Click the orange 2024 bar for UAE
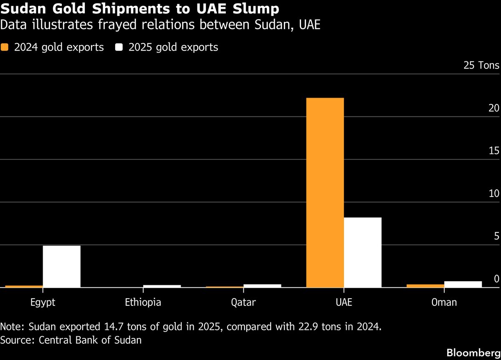tap(325, 192)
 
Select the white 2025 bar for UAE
tap(362, 252)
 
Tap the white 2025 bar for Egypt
tap(61, 266)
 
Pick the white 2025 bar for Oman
tap(463, 284)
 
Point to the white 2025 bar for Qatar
tap(262, 286)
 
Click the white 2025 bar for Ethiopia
tap(162, 286)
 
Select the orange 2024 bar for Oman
tap(425, 286)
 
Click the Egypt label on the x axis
tap(43, 302)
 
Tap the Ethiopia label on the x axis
tap(143, 302)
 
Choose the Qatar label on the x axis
tap(243, 302)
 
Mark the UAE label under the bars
tap(344, 302)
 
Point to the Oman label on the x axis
tap(444, 302)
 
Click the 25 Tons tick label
tap(481, 65)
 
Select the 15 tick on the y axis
tap(494, 151)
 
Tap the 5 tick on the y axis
tap(496, 236)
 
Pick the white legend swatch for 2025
tap(119, 47)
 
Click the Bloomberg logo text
tap(473, 352)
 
